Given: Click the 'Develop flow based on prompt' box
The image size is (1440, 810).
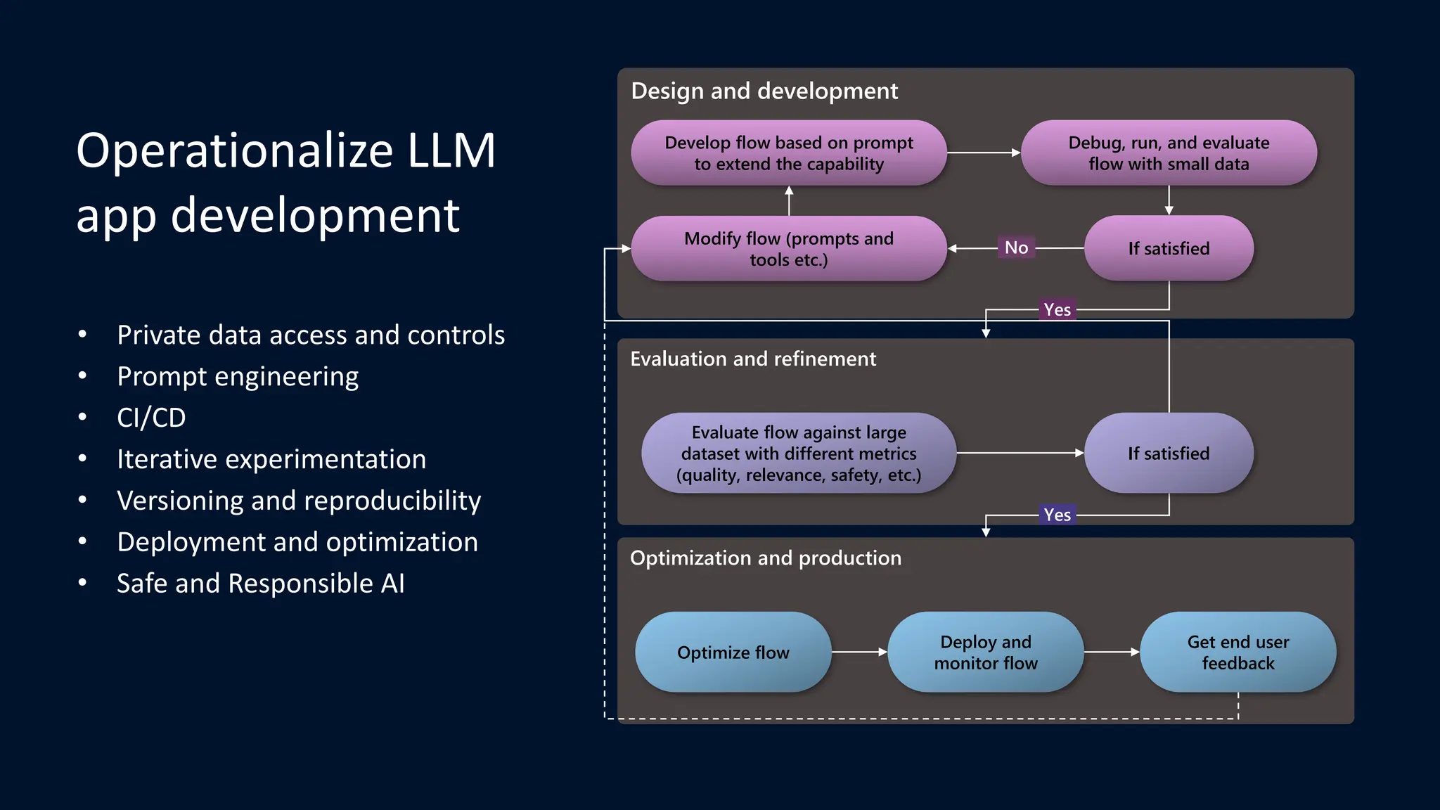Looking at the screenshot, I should pyautogui.click(x=788, y=153).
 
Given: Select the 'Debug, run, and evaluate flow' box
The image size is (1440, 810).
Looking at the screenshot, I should pyautogui.click(x=1169, y=153).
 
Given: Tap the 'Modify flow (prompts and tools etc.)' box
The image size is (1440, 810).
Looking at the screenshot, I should pyautogui.click(x=788, y=248).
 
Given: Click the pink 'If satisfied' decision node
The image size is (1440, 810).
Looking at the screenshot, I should pyautogui.click(x=1169, y=248).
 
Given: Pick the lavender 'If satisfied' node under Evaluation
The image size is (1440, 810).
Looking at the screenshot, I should pyautogui.click(x=1169, y=453).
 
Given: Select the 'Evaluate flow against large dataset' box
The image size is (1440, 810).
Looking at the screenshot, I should pyautogui.click(x=799, y=453).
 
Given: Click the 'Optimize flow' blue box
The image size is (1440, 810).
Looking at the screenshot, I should pyautogui.click(x=733, y=652).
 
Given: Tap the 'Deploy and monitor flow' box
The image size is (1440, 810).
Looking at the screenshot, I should pyautogui.click(x=985, y=652).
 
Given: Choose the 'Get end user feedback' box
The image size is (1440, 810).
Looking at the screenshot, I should pyautogui.click(x=1237, y=652).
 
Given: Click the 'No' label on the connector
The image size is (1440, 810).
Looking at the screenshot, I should pyautogui.click(x=1016, y=247).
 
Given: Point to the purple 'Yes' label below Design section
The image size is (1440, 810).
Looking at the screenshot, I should pyautogui.click(x=1057, y=309).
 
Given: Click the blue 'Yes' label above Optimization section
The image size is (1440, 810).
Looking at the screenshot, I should pyautogui.click(x=1057, y=515).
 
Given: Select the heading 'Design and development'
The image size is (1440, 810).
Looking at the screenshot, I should pyautogui.click(x=764, y=91).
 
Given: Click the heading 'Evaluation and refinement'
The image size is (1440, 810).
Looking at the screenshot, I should pyautogui.click(x=753, y=359).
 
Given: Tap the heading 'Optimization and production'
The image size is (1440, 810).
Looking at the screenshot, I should pyautogui.click(x=765, y=558).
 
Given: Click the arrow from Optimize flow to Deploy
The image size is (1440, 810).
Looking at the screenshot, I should pyautogui.click(x=859, y=652).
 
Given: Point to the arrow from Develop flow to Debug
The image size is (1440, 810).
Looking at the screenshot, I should pyautogui.click(x=983, y=152).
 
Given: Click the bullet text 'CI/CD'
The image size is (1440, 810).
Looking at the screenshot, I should pyautogui.click(x=151, y=418).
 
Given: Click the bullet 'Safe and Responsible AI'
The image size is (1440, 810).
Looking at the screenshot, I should pyautogui.click(x=260, y=584).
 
